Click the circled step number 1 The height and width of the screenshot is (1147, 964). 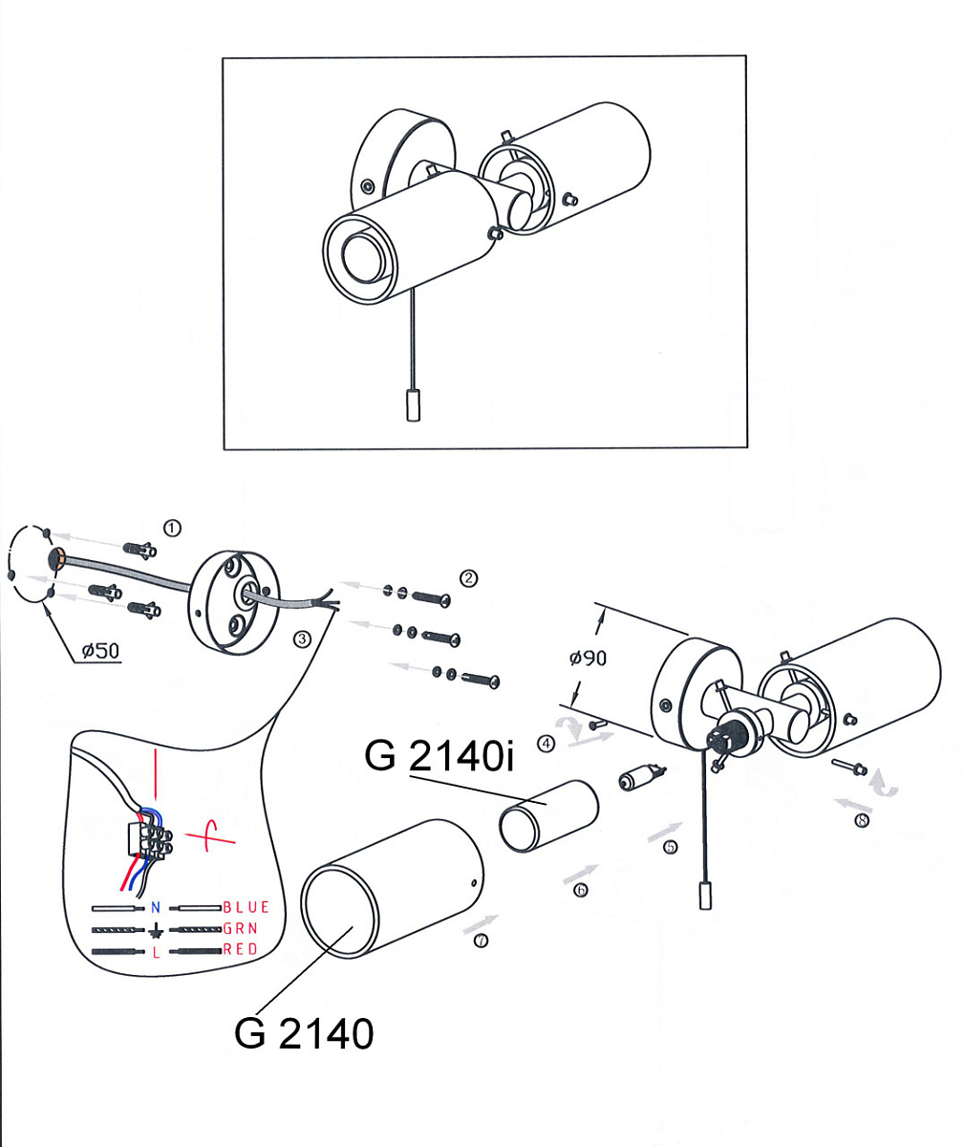[x=172, y=528]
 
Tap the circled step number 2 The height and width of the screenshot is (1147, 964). [x=468, y=578]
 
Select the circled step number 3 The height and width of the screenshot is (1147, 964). [x=301, y=638]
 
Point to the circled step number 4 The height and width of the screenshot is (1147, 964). [x=546, y=744]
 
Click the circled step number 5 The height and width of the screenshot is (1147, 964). [x=671, y=847]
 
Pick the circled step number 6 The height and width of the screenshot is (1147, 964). [x=580, y=889]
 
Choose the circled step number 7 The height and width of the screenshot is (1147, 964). [x=481, y=941]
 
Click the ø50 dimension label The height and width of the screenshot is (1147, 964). [x=100, y=651]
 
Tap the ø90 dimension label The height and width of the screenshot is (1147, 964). [x=588, y=659]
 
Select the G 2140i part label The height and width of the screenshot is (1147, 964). [x=439, y=756]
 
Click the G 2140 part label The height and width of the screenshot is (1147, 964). [x=304, y=1033]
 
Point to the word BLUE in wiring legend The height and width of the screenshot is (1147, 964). [x=246, y=907]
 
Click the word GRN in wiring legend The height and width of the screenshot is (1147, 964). [x=240, y=928]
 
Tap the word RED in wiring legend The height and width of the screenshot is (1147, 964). [x=240, y=949]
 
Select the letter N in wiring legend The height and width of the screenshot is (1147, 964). [x=156, y=907]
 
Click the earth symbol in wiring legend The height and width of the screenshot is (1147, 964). [x=156, y=930]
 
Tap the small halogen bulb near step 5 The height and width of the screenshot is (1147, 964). [x=641, y=778]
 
